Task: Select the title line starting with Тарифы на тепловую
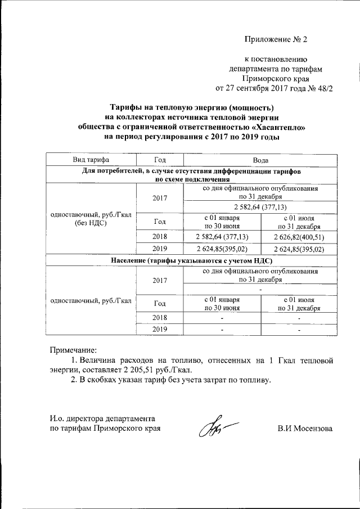(191, 107)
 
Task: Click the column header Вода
(260, 160)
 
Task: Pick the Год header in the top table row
(159, 160)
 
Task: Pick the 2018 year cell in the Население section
(159, 318)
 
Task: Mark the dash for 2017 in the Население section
(260, 289)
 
